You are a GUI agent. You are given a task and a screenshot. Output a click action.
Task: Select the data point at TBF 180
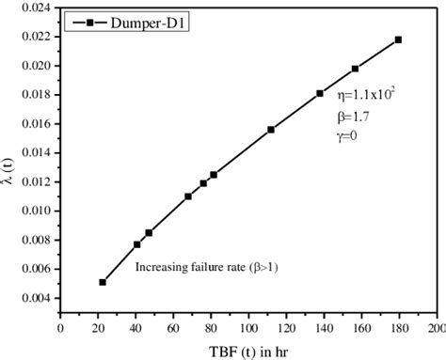(x=398, y=39)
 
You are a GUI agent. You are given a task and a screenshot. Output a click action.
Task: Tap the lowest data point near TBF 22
(x=103, y=282)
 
